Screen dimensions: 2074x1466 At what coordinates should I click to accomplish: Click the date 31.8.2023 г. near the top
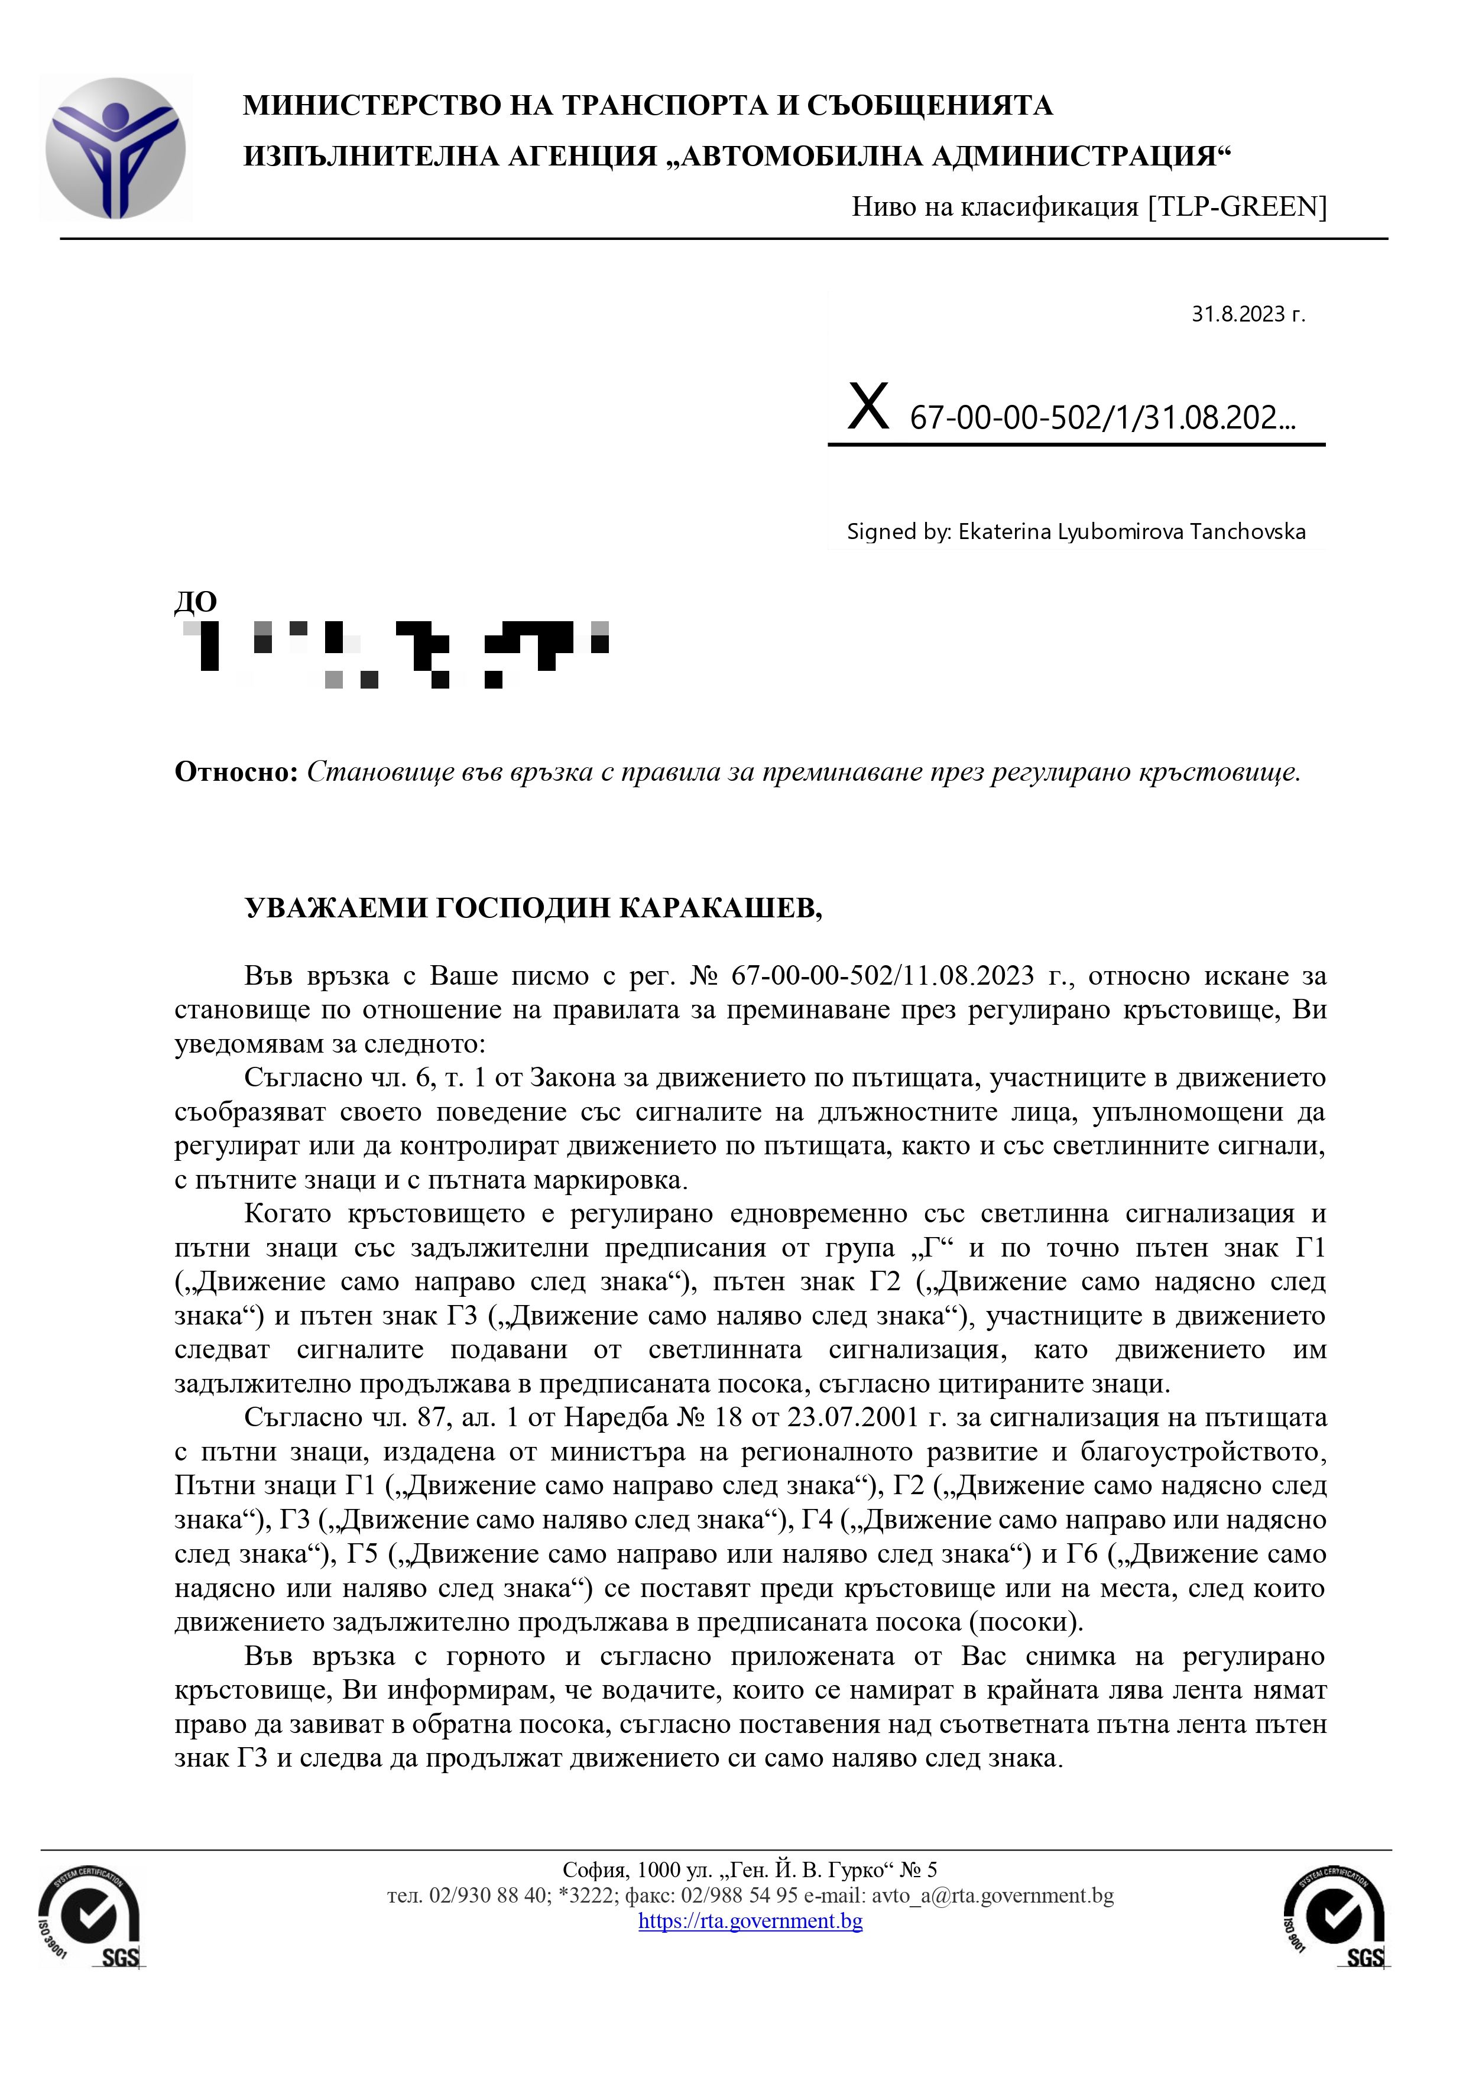1247,314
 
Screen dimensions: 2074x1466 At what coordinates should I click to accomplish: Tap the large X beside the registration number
868,407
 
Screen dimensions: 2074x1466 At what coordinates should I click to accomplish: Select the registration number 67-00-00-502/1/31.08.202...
1102,418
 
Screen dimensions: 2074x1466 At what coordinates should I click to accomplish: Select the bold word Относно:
235,773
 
